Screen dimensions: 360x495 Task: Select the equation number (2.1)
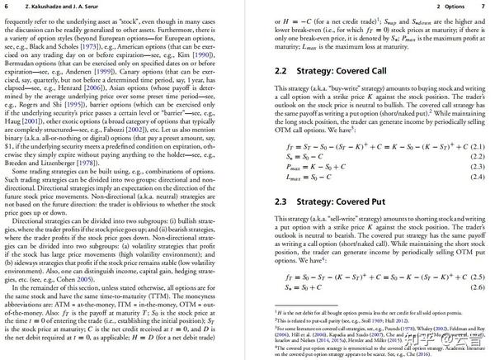coord(474,146)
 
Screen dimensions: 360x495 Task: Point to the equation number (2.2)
coord(474,156)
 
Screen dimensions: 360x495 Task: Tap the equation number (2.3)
coord(474,166)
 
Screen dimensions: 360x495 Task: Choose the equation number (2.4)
coord(474,177)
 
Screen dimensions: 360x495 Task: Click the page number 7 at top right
coord(481,7)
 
